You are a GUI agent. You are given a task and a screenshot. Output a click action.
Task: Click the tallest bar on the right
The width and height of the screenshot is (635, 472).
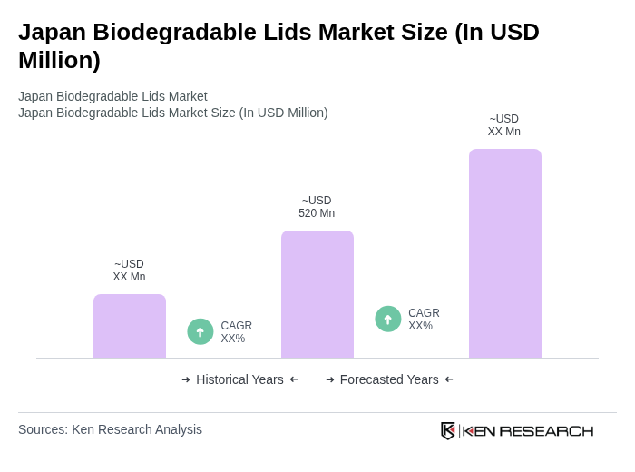[504, 253]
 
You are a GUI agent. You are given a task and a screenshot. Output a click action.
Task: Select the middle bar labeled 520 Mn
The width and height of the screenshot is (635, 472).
[317, 294]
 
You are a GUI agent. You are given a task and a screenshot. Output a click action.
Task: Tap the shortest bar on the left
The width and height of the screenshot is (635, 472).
[129, 326]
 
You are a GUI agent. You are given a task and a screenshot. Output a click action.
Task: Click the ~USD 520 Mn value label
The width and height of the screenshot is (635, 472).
[317, 207]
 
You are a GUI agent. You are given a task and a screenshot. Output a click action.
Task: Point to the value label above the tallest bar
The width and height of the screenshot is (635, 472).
[504, 125]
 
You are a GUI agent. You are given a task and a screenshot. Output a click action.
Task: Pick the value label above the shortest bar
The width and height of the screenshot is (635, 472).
[129, 270]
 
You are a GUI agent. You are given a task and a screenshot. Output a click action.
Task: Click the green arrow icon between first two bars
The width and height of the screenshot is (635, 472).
[200, 331]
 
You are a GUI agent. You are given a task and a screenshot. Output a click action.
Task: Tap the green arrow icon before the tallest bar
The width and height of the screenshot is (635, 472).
[388, 319]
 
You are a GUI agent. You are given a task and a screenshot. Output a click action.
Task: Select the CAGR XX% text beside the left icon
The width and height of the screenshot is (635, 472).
[236, 332]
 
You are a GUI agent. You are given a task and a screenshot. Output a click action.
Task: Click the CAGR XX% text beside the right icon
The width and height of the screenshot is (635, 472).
[424, 320]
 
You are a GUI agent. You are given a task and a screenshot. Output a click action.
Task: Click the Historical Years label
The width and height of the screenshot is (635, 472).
[239, 379]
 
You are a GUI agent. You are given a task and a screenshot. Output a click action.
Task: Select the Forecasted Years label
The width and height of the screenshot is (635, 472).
[389, 379]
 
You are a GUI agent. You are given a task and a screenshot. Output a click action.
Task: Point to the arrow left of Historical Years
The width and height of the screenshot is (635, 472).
[186, 379]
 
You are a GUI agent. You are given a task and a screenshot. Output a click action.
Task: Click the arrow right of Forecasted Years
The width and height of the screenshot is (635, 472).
[449, 379]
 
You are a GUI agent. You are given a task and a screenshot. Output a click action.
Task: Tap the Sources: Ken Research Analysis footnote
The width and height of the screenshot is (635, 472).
[110, 429]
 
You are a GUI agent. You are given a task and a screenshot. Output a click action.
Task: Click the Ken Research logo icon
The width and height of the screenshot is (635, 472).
[448, 430]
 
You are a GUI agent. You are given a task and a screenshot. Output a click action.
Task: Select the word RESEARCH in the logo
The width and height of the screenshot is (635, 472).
[546, 430]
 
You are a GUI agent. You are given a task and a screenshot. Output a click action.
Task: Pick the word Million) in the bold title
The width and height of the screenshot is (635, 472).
[59, 60]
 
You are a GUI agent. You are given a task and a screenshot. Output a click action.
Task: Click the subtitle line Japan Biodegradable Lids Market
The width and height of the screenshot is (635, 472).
[112, 96]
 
